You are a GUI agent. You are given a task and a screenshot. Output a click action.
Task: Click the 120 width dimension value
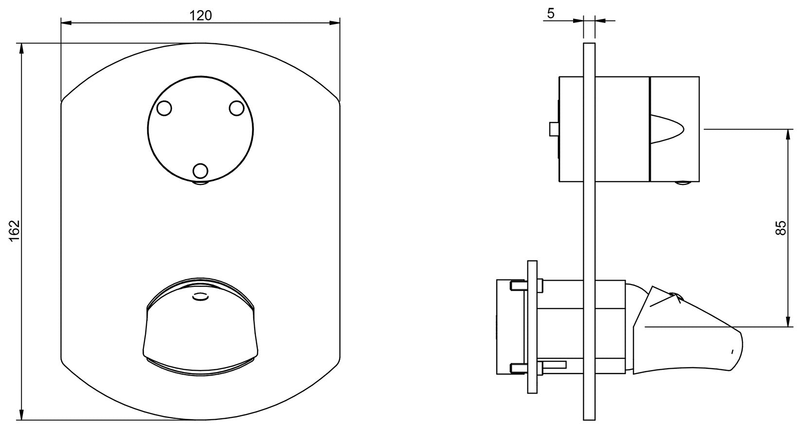(x=200, y=16)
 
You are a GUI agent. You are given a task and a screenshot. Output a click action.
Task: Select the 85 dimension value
(x=780, y=228)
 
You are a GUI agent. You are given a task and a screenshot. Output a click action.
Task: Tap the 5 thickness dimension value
(x=550, y=14)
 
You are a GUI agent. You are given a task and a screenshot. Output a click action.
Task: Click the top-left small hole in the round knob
(x=165, y=108)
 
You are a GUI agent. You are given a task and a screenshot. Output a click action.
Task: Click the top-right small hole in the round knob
(x=236, y=108)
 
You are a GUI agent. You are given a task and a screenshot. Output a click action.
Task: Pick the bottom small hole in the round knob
(x=200, y=171)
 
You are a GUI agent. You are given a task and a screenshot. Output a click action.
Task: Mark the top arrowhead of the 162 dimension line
(x=20, y=48)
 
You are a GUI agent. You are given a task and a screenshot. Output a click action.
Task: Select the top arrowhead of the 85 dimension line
(x=787, y=133)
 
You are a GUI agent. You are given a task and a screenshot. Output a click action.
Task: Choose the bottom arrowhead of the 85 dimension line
(x=787, y=322)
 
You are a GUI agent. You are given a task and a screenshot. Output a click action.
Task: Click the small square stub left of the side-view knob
(x=553, y=129)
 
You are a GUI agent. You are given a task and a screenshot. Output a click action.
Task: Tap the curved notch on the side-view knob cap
(x=668, y=129)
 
